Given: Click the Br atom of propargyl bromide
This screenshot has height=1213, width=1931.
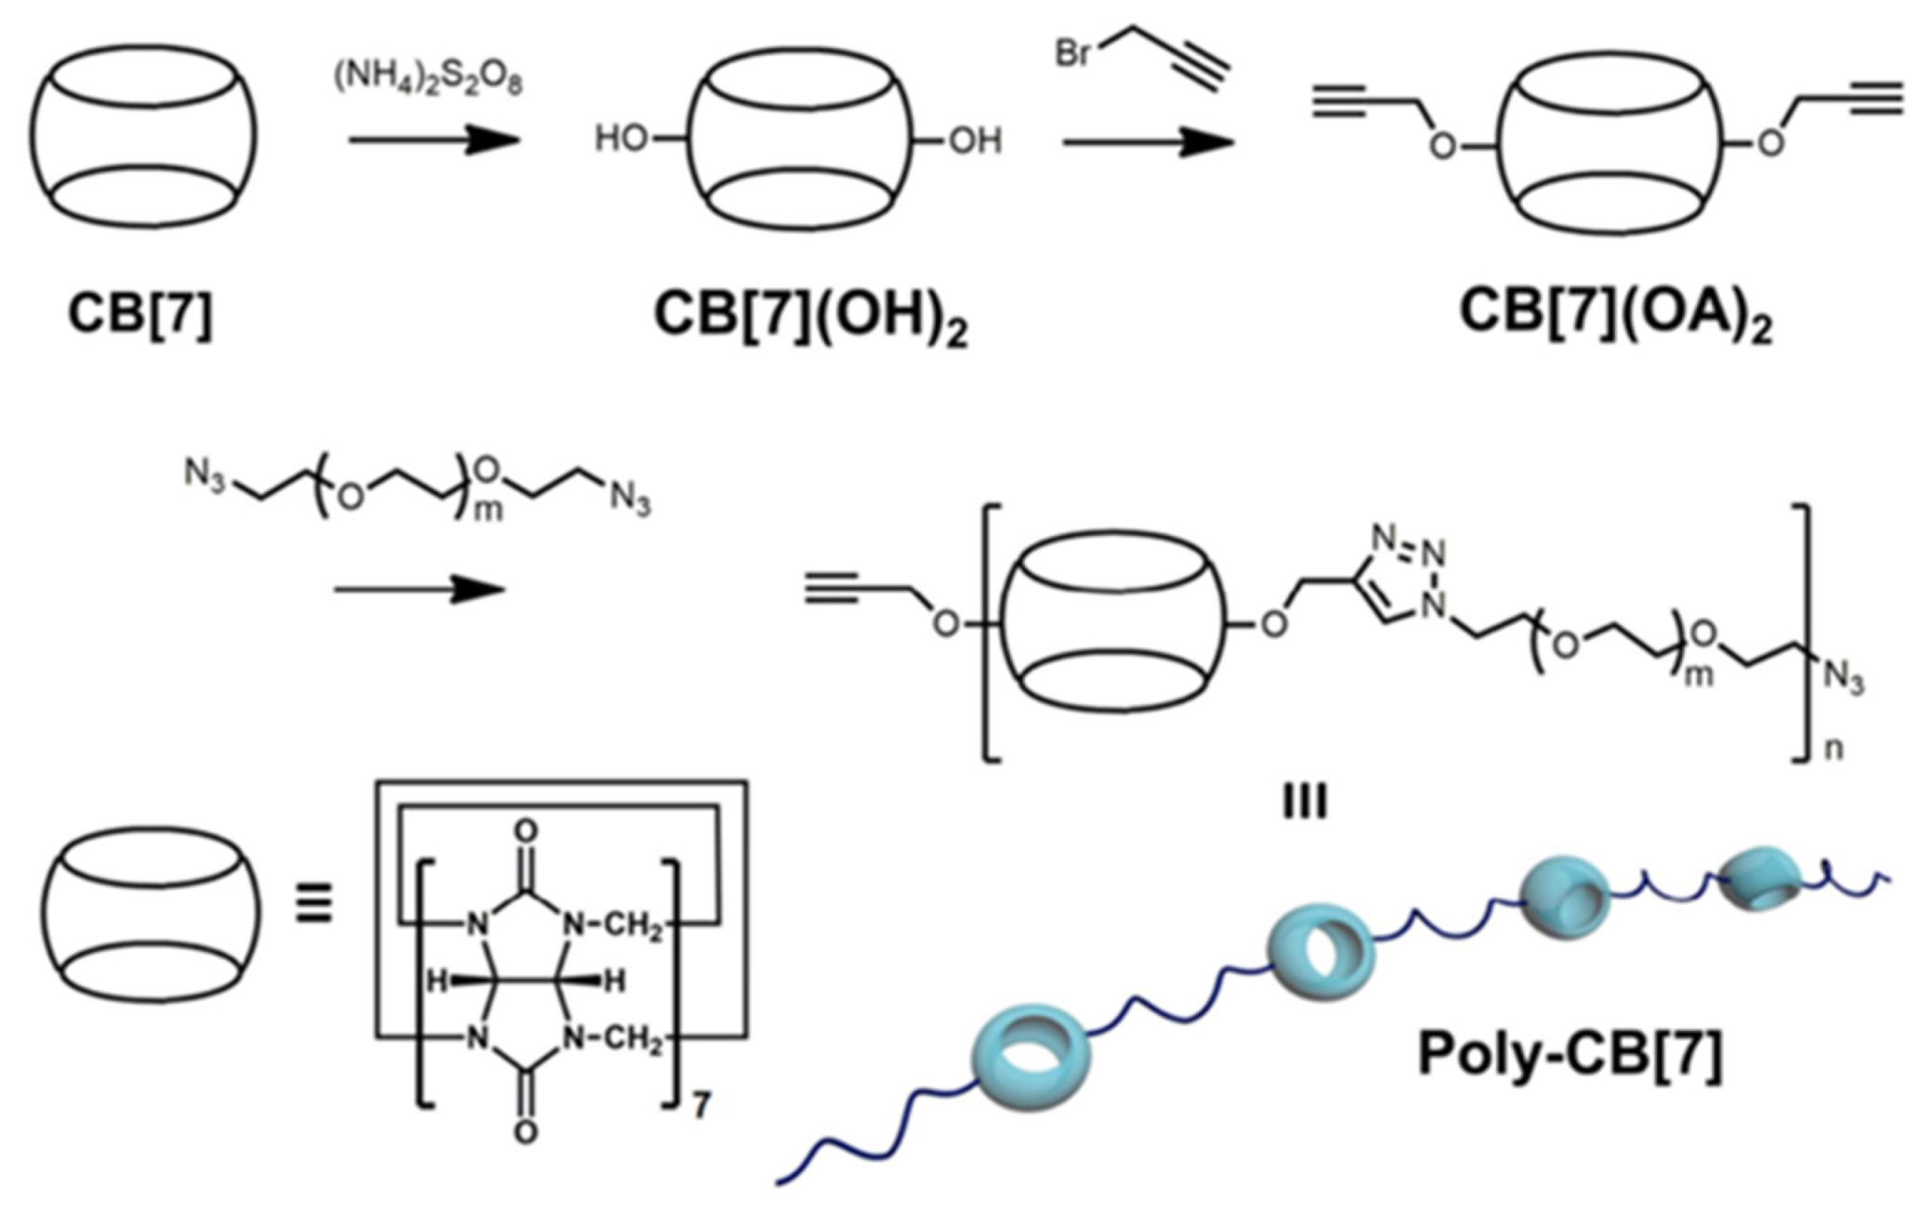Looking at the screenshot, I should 1072,54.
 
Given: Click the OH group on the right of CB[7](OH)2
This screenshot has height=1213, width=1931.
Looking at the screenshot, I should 975,141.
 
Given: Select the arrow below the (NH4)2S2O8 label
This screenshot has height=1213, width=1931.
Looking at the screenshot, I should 433,140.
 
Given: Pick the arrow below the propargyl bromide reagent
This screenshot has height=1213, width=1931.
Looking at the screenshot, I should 1148,142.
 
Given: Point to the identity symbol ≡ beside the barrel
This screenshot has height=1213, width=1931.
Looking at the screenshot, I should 314,904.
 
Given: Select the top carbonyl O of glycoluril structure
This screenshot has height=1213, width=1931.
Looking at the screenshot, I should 525,829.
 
